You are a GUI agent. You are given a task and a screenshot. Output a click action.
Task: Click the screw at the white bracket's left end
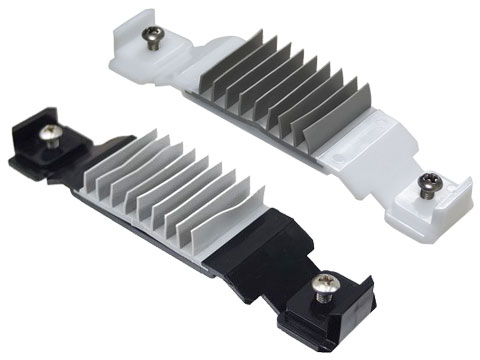154,40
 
